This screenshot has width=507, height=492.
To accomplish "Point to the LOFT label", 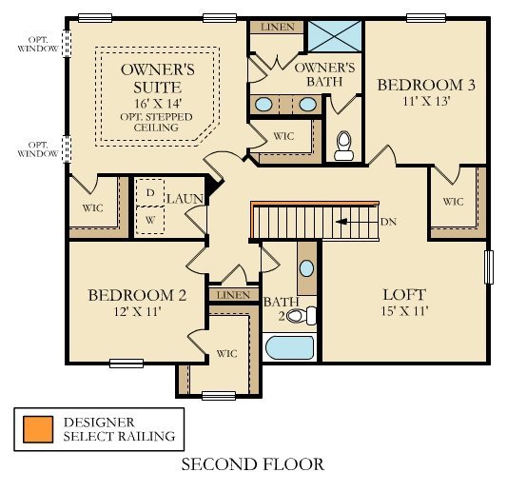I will point(403,294).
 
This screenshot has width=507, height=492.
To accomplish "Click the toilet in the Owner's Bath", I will point(343,145).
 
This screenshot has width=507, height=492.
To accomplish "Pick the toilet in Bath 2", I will point(298,316).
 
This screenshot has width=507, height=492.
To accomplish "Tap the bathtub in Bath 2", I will point(291,347).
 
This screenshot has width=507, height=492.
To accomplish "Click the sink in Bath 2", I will point(307,267).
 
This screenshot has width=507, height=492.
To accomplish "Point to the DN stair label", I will point(387,222).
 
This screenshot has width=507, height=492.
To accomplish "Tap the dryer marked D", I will point(149,192).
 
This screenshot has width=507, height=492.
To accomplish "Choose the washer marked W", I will point(149,219).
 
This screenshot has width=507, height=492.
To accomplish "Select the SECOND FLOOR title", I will point(253,465).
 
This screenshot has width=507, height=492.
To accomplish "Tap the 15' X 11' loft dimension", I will point(403,312).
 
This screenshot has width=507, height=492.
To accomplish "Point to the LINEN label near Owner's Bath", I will point(277,27).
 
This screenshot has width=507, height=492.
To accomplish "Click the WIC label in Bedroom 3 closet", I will point(453,201).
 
